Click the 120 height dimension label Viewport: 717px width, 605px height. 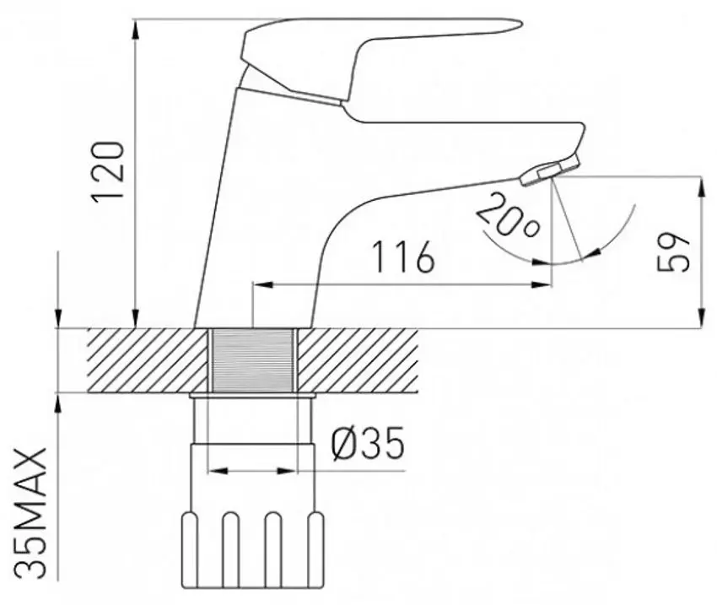(110, 172)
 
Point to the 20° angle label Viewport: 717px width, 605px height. (507, 216)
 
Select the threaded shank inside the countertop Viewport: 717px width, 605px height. (252, 359)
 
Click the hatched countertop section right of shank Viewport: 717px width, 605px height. (358, 359)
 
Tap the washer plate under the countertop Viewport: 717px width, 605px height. (252, 394)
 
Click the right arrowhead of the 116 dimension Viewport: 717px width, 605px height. (544, 285)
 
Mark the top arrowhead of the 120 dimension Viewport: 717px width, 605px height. (135, 25)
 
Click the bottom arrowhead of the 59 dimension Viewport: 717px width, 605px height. (701, 320)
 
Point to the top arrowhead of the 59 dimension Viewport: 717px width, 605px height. (701, 184)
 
